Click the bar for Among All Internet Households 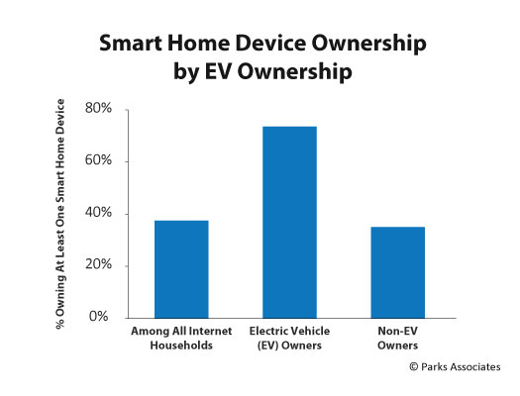[x=181, y=269]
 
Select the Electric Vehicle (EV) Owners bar [x=289, y=222]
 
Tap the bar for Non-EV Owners [x=397, y=272]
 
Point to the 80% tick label [x=98, y=108]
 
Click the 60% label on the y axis [x=98, y=160]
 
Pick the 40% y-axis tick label [x=98, y=213]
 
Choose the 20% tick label [x=98, y=264]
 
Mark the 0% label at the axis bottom [x=98, y=317]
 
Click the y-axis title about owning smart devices [x=60, y=214]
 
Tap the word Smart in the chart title [x=131, y=44]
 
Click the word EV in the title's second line [x=218, y=71]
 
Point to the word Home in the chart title [x=198, y=44]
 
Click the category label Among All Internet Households [x=181, y=338]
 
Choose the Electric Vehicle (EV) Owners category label [x=289, y=338]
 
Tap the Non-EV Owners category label [x=397, y=338]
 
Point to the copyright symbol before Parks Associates [x=414, y=367]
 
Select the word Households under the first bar [x=181, y=346]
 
